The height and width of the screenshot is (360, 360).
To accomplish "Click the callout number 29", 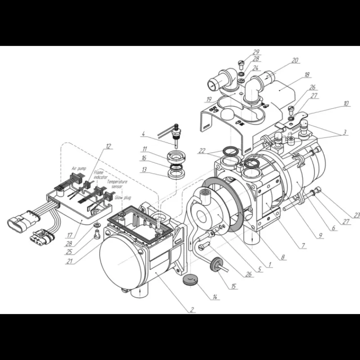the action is [x=256, y=52].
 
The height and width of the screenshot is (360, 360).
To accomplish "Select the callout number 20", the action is [x=295, y=60].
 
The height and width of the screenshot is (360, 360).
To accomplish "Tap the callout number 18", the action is [x=307, y=75].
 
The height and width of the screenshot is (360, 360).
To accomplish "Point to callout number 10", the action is [x=346, y=103].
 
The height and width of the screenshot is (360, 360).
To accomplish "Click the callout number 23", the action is [x=356, y=215].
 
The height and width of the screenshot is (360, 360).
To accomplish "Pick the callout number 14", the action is [x=215, y=297].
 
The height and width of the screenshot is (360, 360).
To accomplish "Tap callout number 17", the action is [x=70, y=235].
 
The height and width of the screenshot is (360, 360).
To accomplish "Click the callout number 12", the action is [x=108, y=146].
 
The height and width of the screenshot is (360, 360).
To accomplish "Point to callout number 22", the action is [x=202, y=151].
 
